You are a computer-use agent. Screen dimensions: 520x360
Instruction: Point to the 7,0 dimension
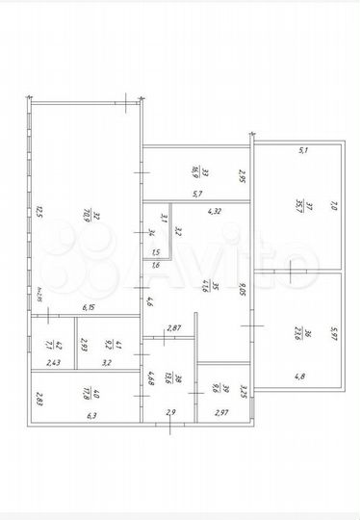click(335, 205)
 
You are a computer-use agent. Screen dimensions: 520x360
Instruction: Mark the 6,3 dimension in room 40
click(92, 416)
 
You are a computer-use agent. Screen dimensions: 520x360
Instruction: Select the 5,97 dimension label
click(335, 335)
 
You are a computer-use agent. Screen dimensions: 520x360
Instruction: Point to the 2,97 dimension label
click(220, 413)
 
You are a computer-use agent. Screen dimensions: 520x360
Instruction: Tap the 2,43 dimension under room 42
click(53, 362)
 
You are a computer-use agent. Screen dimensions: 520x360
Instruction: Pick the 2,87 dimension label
click(175, 329)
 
